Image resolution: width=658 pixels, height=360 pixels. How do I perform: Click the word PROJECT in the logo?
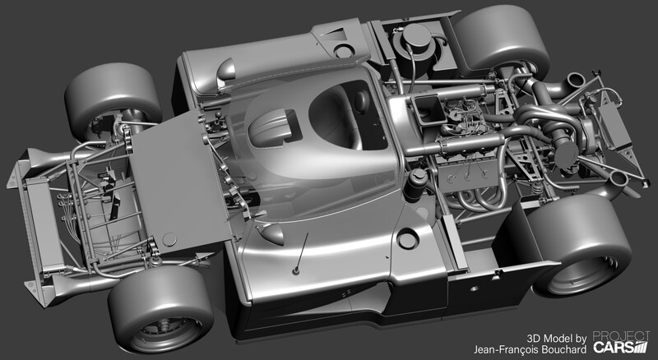621,336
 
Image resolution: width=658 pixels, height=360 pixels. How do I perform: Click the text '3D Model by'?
557,338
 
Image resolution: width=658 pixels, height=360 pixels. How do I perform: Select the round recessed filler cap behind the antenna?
407,238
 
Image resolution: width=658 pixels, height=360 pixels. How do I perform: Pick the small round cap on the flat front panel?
169,239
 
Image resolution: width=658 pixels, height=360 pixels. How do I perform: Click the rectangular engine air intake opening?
428,109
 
